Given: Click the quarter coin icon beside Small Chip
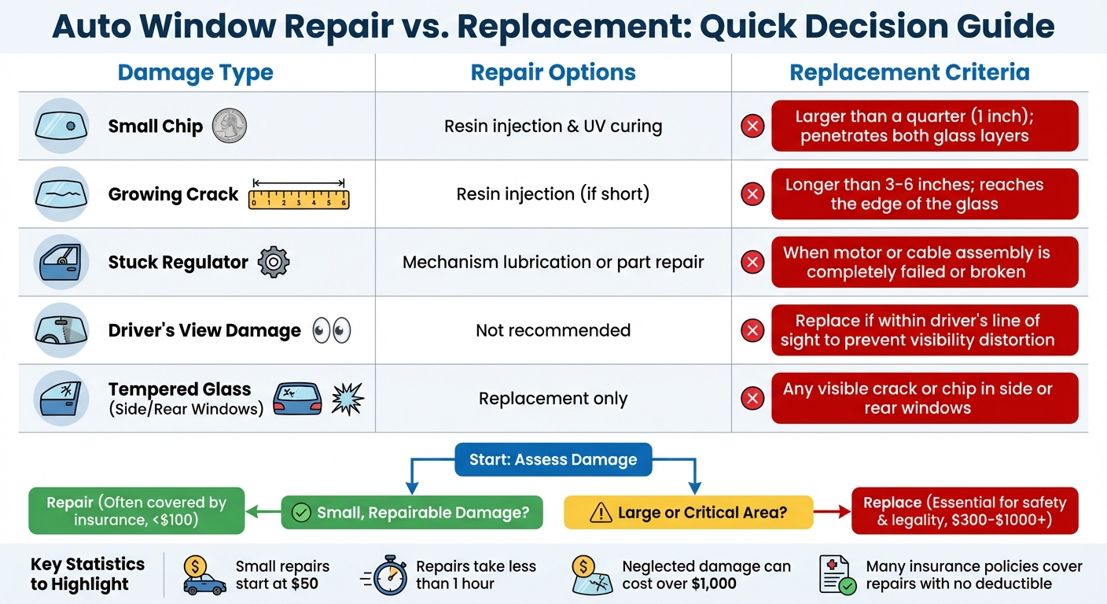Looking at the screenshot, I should tap(229, 126).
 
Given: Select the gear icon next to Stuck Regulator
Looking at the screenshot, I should tap(274, 262).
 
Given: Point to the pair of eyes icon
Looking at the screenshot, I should tap(331, 330).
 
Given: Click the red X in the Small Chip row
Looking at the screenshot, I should tap(752, 126).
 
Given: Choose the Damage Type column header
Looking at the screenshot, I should tap(196, 73).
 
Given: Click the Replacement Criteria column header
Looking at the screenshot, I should tap(909, 73).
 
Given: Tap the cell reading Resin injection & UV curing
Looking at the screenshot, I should tap(553, 126).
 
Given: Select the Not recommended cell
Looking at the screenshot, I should tap(553, 330).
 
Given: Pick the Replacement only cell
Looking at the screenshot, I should tap(553, 399).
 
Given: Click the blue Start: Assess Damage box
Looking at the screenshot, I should tap(553, 459).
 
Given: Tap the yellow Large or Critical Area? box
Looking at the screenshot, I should tap(688, 513).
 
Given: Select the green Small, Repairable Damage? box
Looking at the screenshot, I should tap(412, 513).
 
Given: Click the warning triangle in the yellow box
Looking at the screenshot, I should tap(600, 514).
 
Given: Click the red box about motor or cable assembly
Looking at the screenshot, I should tap(925, 263).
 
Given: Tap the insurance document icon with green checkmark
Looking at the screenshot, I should tap(837, 576).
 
